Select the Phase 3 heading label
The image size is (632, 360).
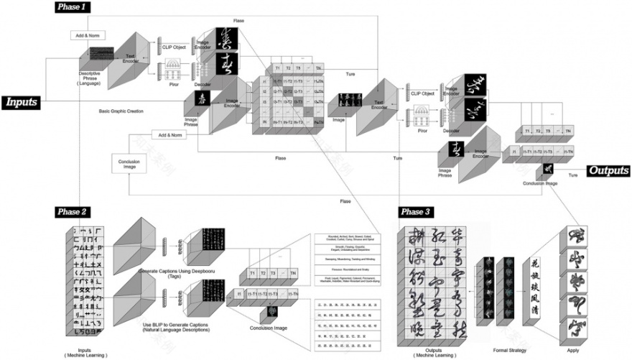coord(417,211)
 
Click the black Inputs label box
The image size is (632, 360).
coord(22,103)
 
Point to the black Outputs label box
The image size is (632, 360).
coord(608,171)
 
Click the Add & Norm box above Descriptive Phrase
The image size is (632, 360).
coord(87,35)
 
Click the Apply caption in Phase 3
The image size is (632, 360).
coord(573,350)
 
